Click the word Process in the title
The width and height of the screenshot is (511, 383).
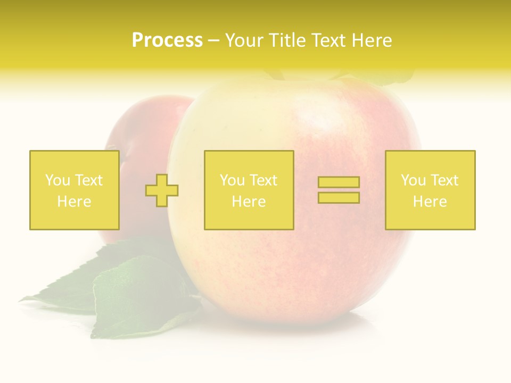(x=167, y=40)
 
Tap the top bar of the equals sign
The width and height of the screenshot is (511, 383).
(x=339, y=182)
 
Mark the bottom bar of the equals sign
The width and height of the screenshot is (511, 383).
(x=339, y=197)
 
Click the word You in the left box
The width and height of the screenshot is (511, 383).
(x=56, y=180)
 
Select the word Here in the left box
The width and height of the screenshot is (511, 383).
(x=74, y=202)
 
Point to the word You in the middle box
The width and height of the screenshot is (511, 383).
(x=232, y=180)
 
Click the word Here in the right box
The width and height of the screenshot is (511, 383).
(x=430, y=202)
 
